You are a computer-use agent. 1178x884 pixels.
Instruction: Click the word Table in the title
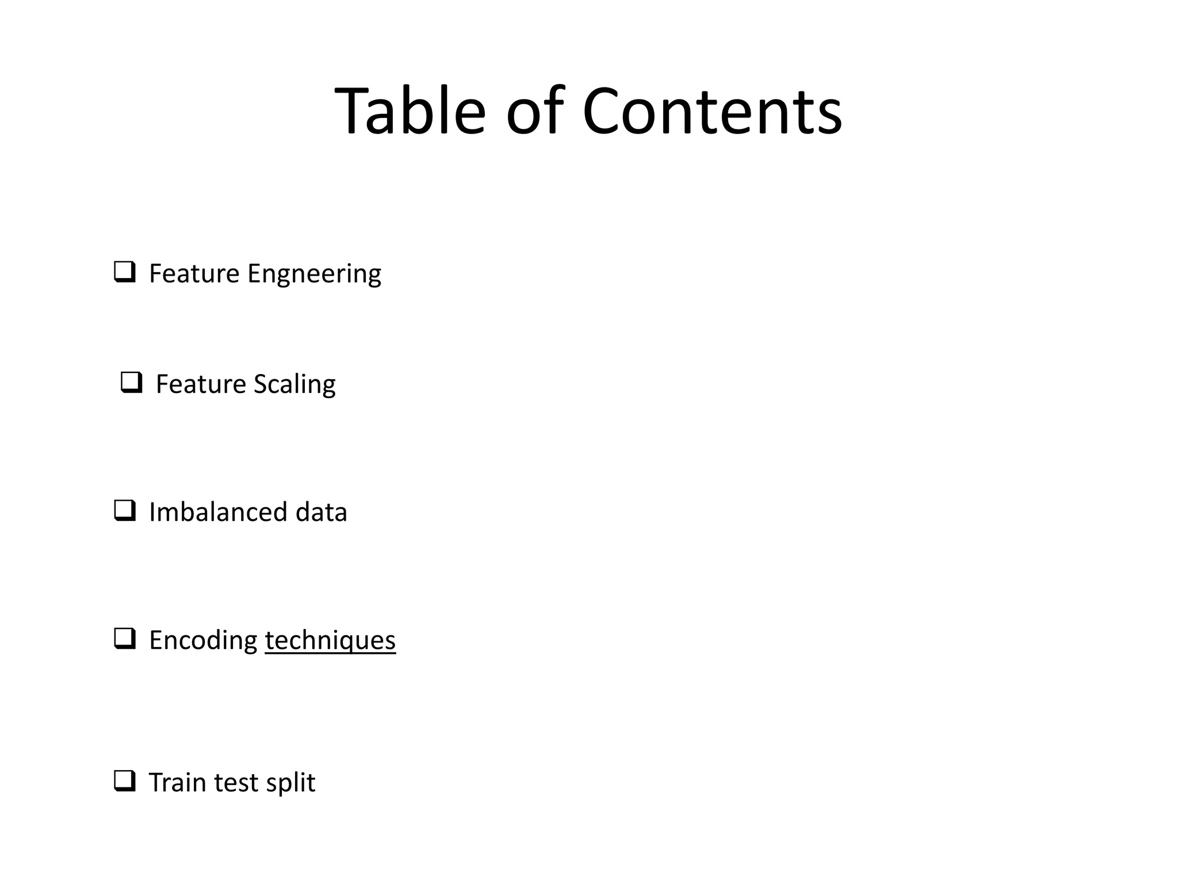pyautogui.click(x=410, y=110)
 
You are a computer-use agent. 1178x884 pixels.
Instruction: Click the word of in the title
pyautogui.click(x=533, y=110)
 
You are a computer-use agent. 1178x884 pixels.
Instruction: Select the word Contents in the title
pyautogui.click(x=712, y=110)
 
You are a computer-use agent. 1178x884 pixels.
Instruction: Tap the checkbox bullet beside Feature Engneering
pyautogui.click(x=125, y=272)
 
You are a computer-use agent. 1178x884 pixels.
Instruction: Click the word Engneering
pyautogui.click(x=314, y=274)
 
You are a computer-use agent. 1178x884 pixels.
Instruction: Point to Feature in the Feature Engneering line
pyautogui.click(x=194, y=273)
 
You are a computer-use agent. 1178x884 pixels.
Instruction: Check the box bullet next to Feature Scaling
pyautogui.click(x=132, y=383)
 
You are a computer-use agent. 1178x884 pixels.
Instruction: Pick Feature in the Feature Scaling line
pyautogui.click(x=201, y=384)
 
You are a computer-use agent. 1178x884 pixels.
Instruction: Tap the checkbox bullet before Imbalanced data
pyautogui.click(x=125, y=510)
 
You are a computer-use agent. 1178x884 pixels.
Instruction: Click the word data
pyautogui.click(x=321, y=512)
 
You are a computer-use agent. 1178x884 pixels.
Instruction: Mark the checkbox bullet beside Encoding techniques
pyautogui.click(x=125, y=639)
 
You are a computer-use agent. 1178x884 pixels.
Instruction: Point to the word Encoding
pyautogui.click(x=203, y=641)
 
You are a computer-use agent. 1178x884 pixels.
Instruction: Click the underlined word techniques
pyautogui.click(x=330, y=641)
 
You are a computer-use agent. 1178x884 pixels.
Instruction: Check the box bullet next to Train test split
pyautogui.click(x=125, y=781)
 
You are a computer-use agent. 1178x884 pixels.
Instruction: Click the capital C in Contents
pyautogui.click(x=604, y=110)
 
